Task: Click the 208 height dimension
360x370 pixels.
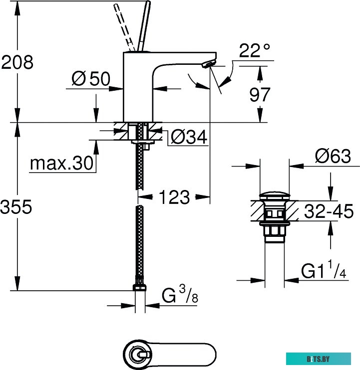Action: click(x=17, y=62)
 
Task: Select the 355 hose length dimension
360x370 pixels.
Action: click(x=17, y=207)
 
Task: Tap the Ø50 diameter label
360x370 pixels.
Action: click(x=90, y=78)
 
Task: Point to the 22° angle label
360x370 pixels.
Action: click(x=254, y=51)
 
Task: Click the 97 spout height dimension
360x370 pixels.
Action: click(x=259, y=94)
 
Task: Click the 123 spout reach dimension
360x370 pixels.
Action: click(x=174, y=197)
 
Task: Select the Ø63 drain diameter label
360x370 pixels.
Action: click(x=333, y=157)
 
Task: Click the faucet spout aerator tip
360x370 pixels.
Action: click(x=208, y=64)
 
